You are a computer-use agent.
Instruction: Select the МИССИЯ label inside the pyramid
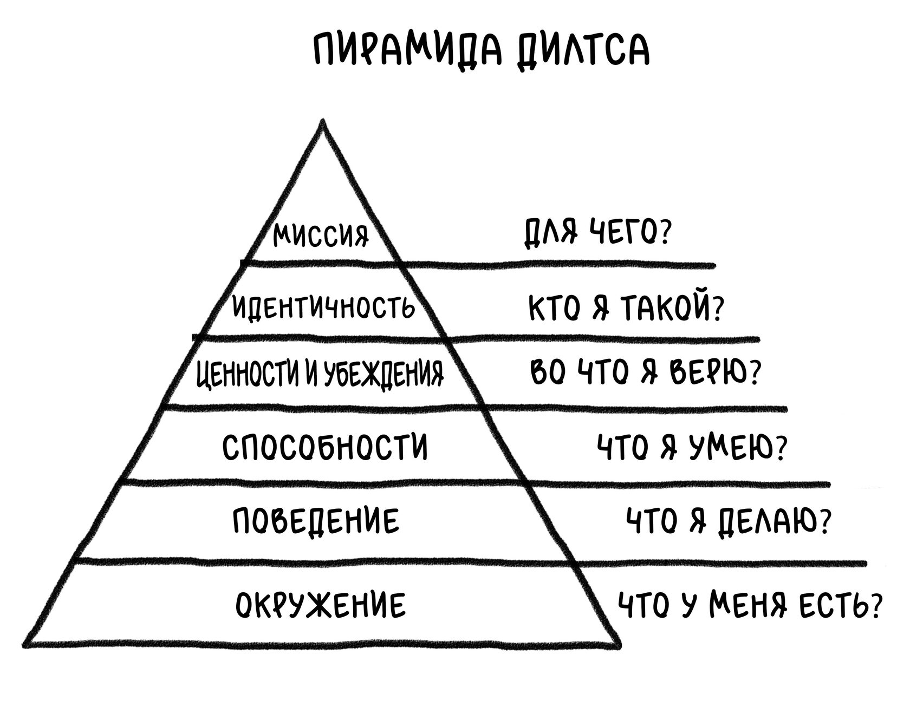[x=321, y=235]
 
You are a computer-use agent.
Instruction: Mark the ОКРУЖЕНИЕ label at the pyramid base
[x=321, y=605]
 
